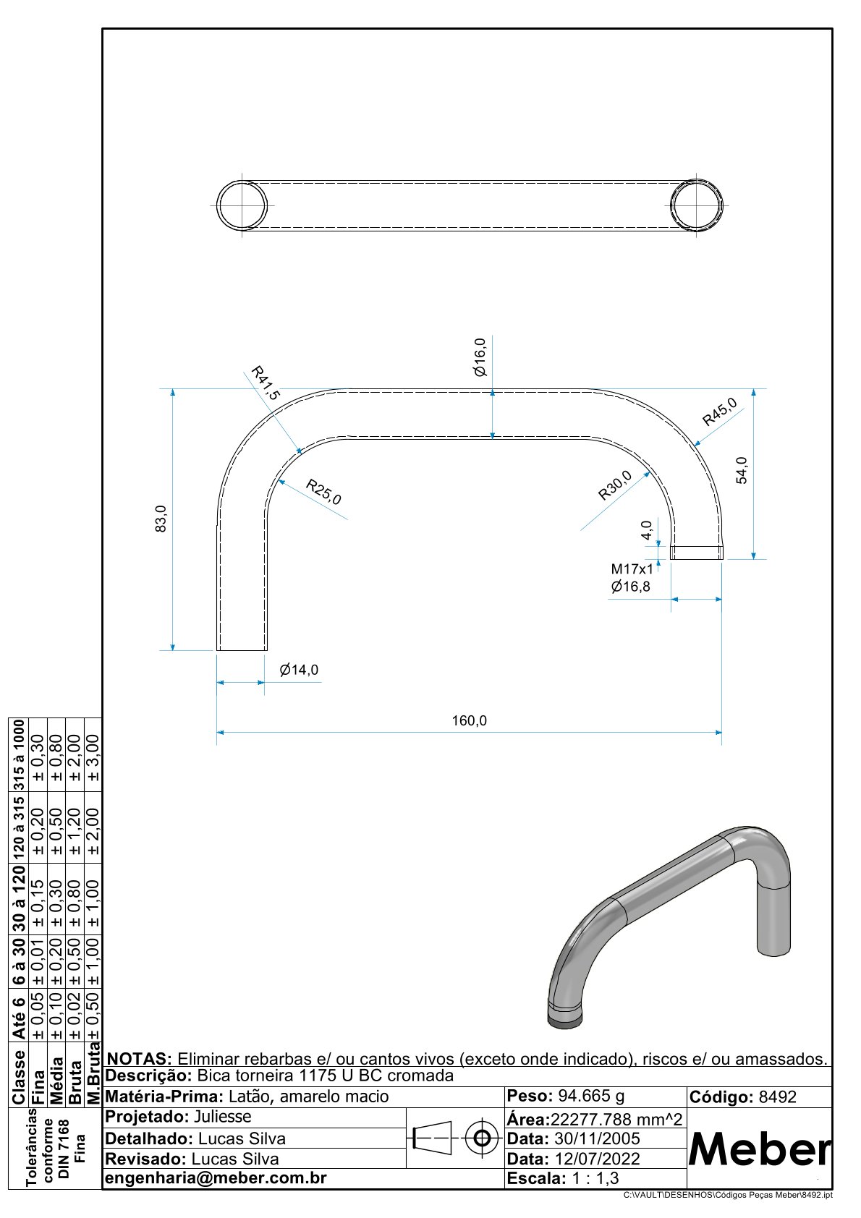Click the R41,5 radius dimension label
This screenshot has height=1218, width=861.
coord(265,383)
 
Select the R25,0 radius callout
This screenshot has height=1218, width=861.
coord(323,492)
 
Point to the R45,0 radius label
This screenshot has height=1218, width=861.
coord(720,412)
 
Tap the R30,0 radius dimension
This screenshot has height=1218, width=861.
coord(615,485)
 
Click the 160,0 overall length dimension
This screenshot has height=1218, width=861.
coord(470,721)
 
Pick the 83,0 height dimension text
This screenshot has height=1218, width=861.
coord(161,519)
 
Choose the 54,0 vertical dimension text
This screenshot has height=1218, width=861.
coord(742,470)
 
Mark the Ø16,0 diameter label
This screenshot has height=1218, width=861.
coord(480,357)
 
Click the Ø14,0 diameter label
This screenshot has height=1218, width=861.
coord(299,670)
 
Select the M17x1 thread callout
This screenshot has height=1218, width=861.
coord(632,569)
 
